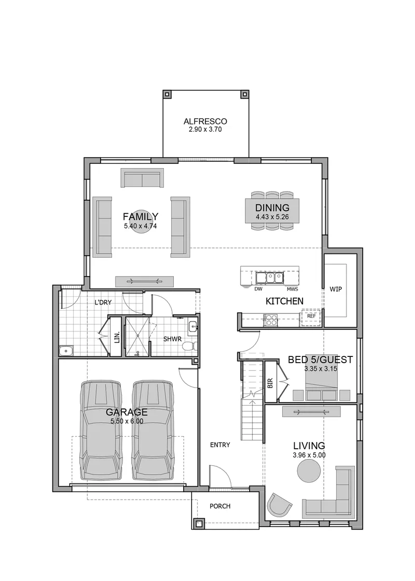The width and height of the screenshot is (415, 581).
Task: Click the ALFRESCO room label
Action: pyautogui.click(x=205, y=121)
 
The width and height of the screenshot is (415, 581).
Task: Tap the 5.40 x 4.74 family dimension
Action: pyautogui.click(x=141, y=226)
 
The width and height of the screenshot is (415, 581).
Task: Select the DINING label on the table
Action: pyautogui.click(x=272, y=208)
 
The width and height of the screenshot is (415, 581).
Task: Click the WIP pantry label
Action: pyautogui.click(x=336, y=289)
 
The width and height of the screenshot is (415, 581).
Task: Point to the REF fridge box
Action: pyautogui.click(x=311, y=316)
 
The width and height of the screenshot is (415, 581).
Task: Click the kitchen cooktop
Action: pyautogui.click(x=270, y=320)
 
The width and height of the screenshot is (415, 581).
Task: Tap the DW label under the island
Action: pyautogui.click(x=258, y=289)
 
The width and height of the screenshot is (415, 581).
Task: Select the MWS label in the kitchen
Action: pyautogui.click(x=292, y=289)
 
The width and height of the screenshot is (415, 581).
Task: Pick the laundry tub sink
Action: pyautogui.click(x=66, y=351)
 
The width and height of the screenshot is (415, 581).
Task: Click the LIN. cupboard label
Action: pyautogui.click(x=117, y=337)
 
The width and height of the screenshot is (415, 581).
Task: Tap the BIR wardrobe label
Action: pyautogui.click(x=270, y=383)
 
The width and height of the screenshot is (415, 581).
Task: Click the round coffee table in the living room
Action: pyautogui.click(x=309, y=471)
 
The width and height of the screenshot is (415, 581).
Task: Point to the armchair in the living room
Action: pyautogui.click(x=279, y=505)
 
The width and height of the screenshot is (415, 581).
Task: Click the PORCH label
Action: pyautogui.click(x=220, y=506)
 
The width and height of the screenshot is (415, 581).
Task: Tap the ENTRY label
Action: pyautogui.click(x=220, y=445)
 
